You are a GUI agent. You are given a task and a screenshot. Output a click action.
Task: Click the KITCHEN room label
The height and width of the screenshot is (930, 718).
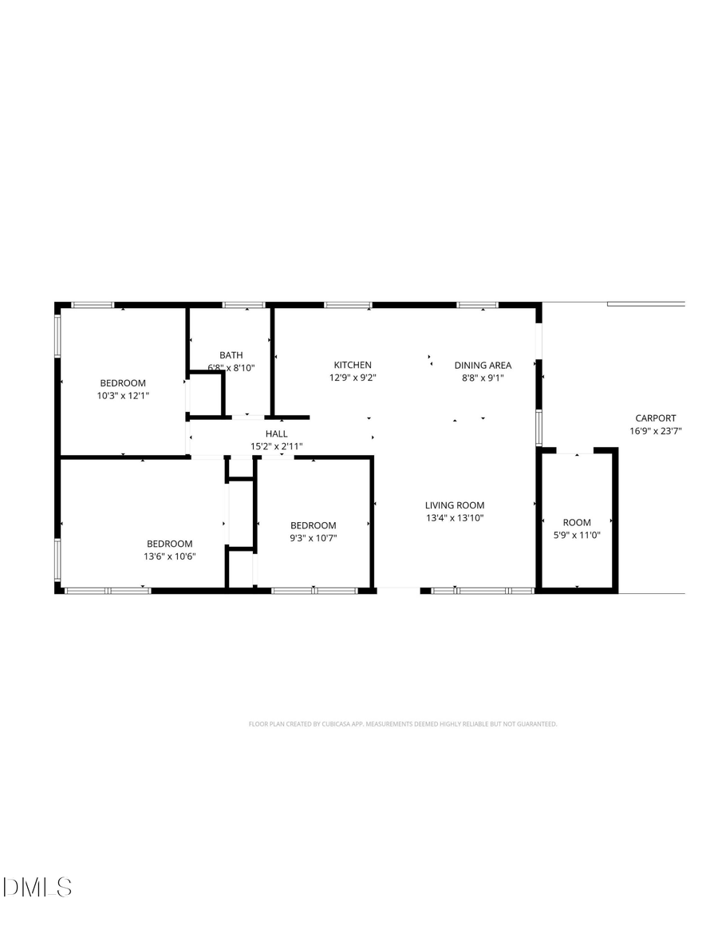pos(353,365)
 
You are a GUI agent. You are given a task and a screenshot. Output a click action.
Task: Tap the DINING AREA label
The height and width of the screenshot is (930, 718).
pos(483,365)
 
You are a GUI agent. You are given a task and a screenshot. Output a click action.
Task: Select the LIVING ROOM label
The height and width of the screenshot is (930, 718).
pos(454,505)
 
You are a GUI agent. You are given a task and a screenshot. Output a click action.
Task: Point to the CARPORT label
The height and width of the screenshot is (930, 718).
pos(655,418)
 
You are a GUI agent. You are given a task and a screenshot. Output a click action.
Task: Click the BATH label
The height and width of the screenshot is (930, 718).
pos(231,354)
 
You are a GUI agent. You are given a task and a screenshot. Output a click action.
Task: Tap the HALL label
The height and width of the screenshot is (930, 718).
pos(277,433)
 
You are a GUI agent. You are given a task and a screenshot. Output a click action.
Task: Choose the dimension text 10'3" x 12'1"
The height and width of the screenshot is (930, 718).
pos(123,395)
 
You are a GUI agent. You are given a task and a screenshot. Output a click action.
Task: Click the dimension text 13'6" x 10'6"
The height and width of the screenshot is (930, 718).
pos(169,556)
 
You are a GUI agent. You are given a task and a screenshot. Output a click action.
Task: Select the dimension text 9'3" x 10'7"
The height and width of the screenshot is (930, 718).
pos(313,538)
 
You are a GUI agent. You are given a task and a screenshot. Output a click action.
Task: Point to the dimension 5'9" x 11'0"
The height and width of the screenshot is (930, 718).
pos(577,536)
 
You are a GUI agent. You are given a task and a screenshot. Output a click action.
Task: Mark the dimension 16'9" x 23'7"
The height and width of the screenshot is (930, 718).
pos(655,431)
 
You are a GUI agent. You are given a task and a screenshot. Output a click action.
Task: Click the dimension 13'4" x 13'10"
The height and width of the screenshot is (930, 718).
pos(454,517)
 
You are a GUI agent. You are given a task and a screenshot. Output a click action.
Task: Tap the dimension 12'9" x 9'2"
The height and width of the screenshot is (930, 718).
pos(353,378)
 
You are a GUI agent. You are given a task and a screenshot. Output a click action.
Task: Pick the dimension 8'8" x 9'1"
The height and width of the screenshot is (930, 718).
pos(483,378)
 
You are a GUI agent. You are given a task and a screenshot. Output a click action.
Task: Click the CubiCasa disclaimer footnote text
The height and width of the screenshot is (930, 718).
pos(403,724)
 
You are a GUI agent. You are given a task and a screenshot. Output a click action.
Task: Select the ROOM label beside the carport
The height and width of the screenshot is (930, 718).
pos(577,523)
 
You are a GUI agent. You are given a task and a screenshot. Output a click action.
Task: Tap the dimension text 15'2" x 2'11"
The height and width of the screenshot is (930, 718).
pos(277,446)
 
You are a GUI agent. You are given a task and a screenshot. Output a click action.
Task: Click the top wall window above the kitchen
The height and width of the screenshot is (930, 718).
pos(348,304)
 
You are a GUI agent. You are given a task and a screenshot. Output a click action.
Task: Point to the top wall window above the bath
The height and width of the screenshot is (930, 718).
pos(243,304)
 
